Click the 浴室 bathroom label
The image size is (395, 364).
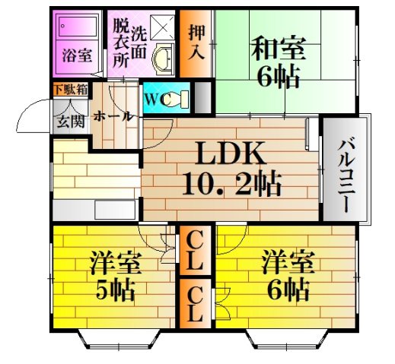(x=77, y=56)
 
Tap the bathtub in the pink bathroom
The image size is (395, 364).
(x=77, y=31)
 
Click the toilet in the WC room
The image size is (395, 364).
(x=174, y=98)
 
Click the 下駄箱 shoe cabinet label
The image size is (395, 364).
(x=70, y=90)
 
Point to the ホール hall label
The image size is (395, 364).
(x=114, y=116)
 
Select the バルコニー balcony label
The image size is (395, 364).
(x=344, y=169)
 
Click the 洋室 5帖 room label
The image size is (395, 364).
(x=115, y=277)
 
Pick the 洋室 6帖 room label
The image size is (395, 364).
(x=285, y=277)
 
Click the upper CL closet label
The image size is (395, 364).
(x=196, y=252)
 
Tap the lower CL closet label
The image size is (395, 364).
(x=196, y=302)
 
